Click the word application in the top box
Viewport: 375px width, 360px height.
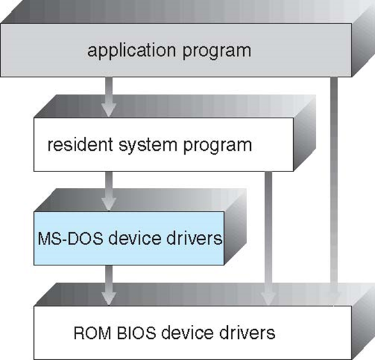tap(131, 51)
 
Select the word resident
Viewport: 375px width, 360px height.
tap(80, 144)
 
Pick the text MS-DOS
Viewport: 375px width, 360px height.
tap(70, 239)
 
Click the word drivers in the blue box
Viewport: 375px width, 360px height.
tap(194, 238)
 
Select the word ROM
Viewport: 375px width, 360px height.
tap(92, 333)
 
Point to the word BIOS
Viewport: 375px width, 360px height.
tap(136, 333)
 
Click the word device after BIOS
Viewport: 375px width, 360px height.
tap(187, 332)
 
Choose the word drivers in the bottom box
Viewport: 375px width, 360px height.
tap(247, 332)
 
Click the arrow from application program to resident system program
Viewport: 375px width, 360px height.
tap(109, 97)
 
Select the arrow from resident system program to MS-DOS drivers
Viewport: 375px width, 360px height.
tap(109, 191)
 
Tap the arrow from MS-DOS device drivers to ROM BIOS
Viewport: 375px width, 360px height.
tap(109, 285)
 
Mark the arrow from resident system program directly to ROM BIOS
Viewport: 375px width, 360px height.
tap(268, 239)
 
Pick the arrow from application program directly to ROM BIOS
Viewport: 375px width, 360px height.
tap(334, 191)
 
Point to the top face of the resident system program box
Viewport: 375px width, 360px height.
tap(175, 106)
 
